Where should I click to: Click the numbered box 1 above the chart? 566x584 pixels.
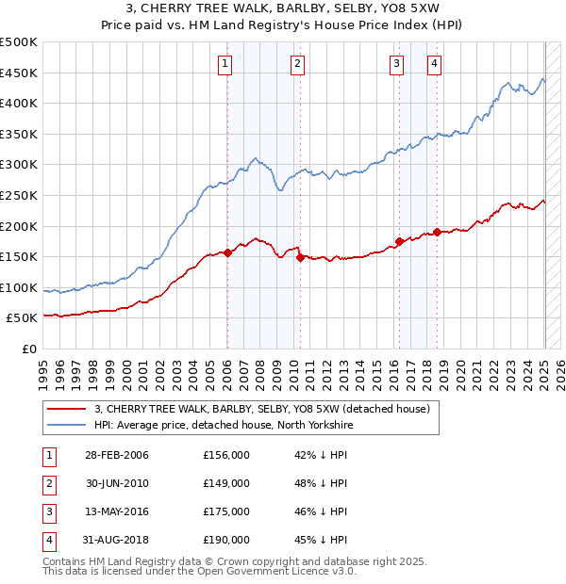click(x=226, y=64)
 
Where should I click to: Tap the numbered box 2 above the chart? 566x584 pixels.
click(x=297, y=64)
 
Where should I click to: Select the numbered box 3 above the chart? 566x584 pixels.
click(x=396, y=64)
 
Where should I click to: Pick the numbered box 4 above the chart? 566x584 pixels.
click(x=434, y=64)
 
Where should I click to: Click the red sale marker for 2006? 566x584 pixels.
click(x=227, y=252)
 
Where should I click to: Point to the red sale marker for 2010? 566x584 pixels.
click(x=299, y=256)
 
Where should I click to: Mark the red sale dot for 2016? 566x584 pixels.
click(x=399, y=241)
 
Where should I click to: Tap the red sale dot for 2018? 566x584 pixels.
click(x=437, y=232)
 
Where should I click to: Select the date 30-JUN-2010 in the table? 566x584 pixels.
click(x=117, y=483)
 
